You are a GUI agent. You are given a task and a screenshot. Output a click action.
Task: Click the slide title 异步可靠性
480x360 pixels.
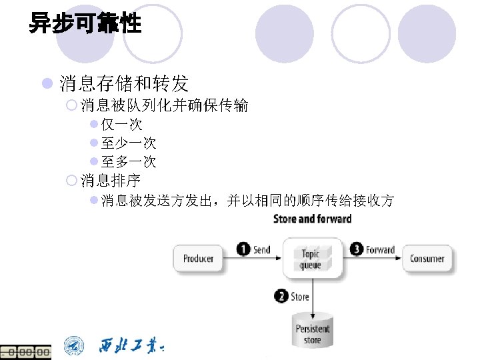85,25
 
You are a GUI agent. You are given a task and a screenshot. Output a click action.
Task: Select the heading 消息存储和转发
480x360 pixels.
124,84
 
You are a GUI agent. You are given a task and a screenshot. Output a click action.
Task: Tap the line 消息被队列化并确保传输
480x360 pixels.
164,105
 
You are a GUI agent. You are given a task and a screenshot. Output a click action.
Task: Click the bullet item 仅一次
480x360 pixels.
121,125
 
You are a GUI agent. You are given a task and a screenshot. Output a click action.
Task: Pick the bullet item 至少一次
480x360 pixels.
129,143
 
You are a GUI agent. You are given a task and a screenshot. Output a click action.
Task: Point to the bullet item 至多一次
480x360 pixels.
129,161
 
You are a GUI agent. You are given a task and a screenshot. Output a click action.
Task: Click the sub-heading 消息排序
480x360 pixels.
111,180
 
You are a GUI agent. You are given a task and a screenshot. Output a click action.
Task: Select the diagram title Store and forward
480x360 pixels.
312,219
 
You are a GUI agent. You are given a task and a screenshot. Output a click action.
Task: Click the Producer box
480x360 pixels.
197,259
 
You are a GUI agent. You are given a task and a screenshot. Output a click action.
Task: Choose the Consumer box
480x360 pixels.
427,259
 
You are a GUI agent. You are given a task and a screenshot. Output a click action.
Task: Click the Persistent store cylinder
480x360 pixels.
313,329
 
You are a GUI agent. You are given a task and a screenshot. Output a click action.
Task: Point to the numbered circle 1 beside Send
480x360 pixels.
244,249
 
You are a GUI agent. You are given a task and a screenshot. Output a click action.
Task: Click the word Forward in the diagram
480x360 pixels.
380,250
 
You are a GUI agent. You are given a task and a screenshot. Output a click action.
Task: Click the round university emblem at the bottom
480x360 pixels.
75,346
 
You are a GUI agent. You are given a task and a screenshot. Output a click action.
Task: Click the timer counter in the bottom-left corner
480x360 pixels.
25,352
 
